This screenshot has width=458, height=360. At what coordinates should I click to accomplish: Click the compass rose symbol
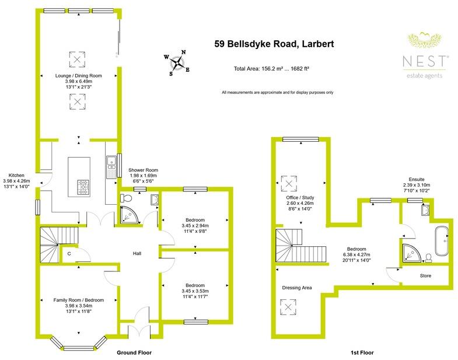(x=178, y=62)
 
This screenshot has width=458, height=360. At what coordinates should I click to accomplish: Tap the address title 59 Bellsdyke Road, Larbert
(x=270, y=44)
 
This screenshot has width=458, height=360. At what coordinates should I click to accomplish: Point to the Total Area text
(x=272, y=69)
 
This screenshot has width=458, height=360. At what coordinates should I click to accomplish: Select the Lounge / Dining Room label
(x=78, y=76)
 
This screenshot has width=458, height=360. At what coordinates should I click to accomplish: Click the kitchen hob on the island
(x=83, y=187)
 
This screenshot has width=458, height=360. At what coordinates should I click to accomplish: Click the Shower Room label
(x=142, y=170)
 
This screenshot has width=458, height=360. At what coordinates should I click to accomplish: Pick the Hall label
(x=138, y=254)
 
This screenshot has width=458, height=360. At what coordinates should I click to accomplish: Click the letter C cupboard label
(x=69, y=254)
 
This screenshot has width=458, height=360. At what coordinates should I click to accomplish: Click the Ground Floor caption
(x=135, y=352)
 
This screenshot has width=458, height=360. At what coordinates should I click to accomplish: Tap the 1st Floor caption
(x=362, y=352)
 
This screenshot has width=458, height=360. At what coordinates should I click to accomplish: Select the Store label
(x=426, y=275)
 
